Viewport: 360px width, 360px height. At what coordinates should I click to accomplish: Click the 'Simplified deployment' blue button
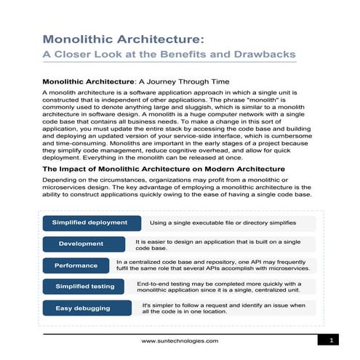click(91, 223)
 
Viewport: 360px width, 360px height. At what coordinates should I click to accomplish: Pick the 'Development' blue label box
click(81, 244)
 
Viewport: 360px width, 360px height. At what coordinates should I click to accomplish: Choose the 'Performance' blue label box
click(76, 265)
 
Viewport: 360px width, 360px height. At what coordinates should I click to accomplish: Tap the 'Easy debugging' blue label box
click(83, 308)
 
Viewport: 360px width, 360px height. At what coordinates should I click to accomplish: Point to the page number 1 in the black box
click(331, 340)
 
